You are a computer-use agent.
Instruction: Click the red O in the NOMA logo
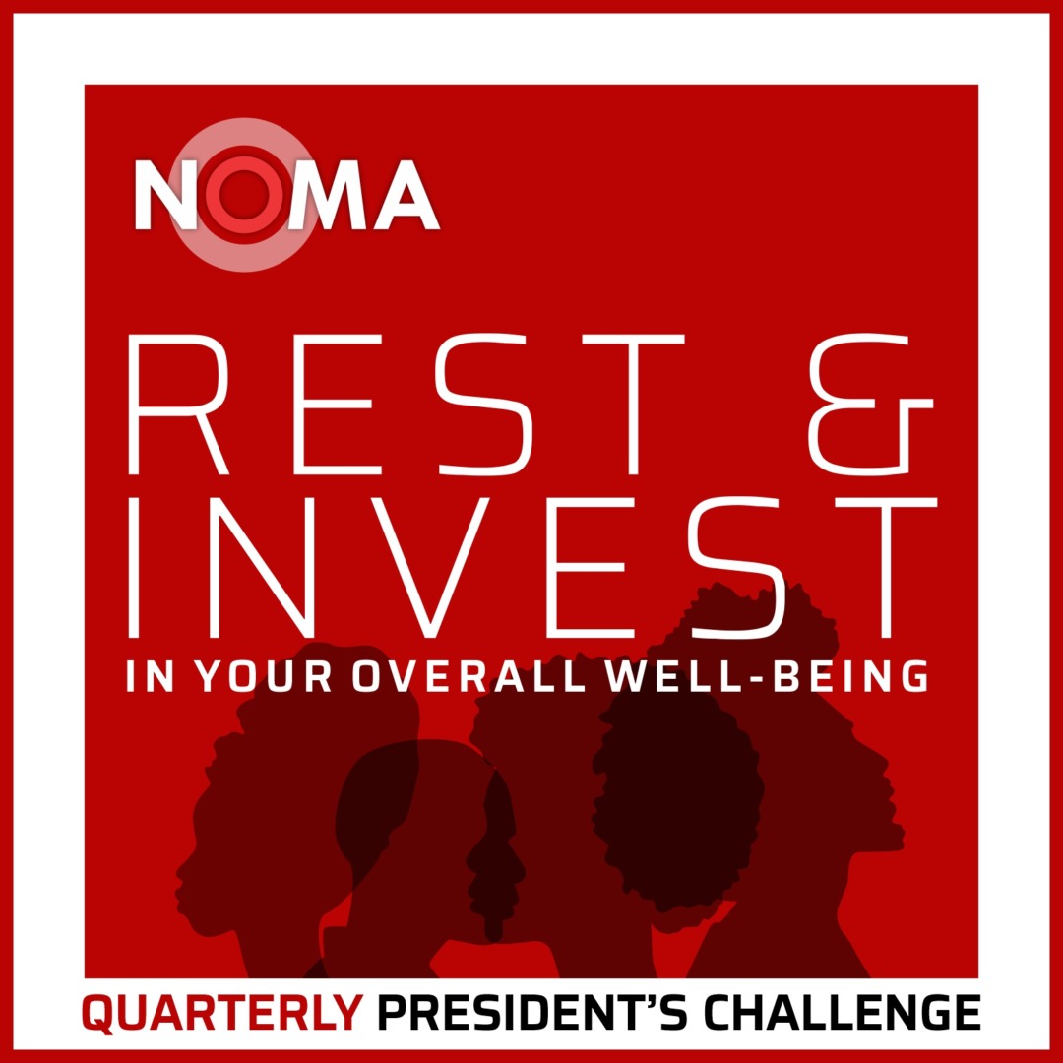tap(243, 195)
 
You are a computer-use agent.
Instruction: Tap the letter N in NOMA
tap(166, 195)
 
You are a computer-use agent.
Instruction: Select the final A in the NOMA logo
tap(405, 195)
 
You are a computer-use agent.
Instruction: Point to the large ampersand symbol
tap(871, 405)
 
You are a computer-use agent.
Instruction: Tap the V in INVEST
tap(428, 568)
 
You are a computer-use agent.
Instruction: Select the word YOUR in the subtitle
tap(263, 676)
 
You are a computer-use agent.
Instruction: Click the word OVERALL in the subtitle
tap(469, 676)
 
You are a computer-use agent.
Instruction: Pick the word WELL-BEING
tap(768, 676)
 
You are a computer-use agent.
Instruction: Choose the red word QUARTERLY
tap(222, 1014)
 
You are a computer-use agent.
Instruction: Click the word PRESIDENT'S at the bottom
tap(531, 1012)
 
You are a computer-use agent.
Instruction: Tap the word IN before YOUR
tap(151, 676)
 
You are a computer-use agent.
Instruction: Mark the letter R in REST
tap(177, 405)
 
